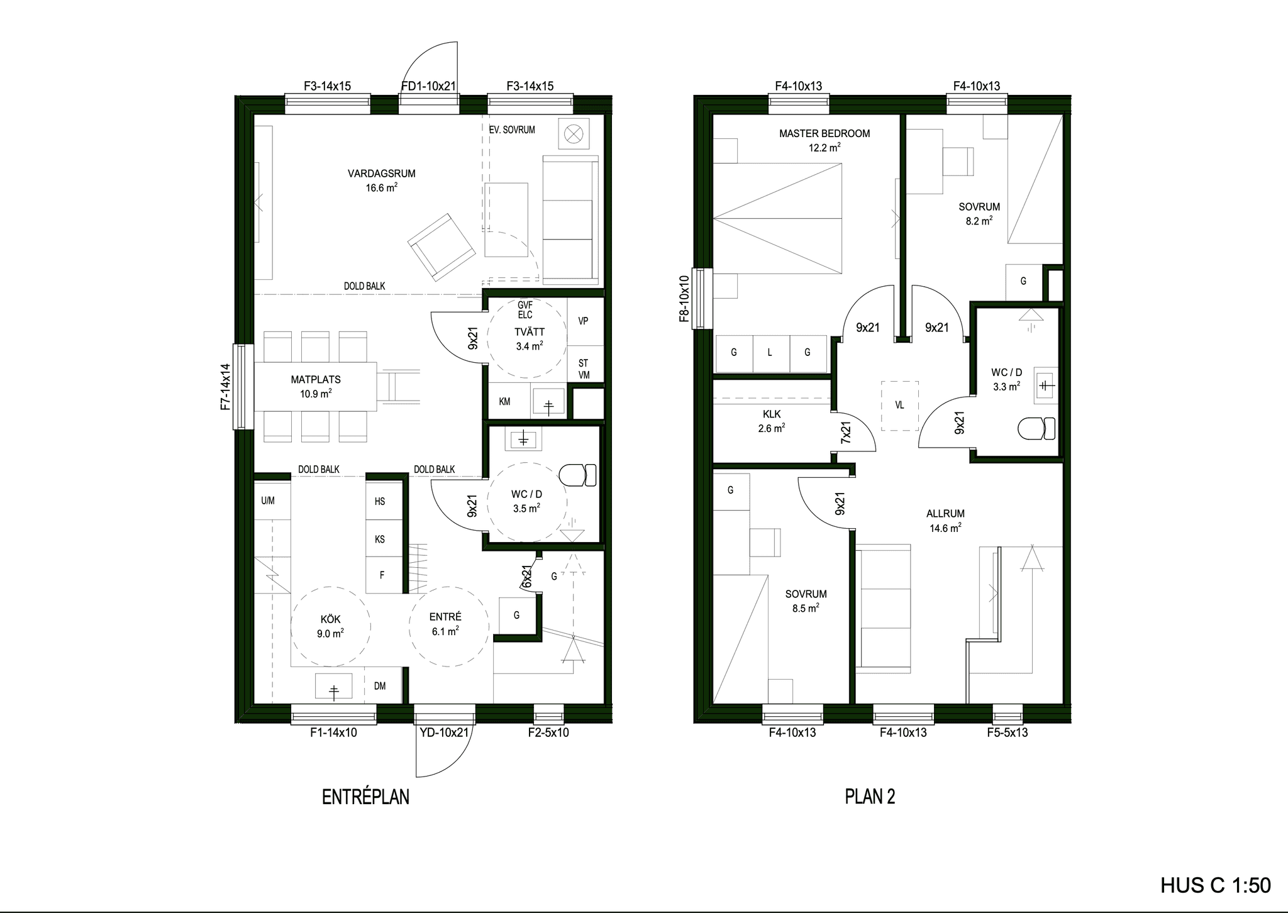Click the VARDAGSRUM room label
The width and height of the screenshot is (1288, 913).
click(x=381, y=174)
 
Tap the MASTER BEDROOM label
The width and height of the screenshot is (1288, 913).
click(x=824, y=133)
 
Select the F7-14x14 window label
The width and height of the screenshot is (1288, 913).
click(x=226, y=387)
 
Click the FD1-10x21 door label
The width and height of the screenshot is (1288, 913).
click(x=428, y=86)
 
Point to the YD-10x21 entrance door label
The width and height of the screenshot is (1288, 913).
click(x=444, y=732)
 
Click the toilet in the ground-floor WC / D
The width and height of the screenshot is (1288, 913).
click(x=577, y=475)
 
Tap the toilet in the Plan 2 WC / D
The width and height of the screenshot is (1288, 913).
click(x=1036, y=429)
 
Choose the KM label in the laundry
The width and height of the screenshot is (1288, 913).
click(x=504, y=401)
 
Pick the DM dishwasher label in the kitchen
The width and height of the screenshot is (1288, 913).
click(x=380, y=686)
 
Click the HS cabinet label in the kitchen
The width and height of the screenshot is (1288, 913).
click(x=380, y=501)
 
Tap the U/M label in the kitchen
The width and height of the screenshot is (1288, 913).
click(x=268, y=501)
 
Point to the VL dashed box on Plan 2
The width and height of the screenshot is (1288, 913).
click(x=900, y=406)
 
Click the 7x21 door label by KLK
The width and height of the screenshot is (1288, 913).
click(x=846, y=433)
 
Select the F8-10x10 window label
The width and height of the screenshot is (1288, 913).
click(x=685, y=299)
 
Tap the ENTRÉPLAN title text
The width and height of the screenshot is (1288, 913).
click(x=365, y=797)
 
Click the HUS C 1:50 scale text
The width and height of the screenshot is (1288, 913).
click(x=1216, y=885)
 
